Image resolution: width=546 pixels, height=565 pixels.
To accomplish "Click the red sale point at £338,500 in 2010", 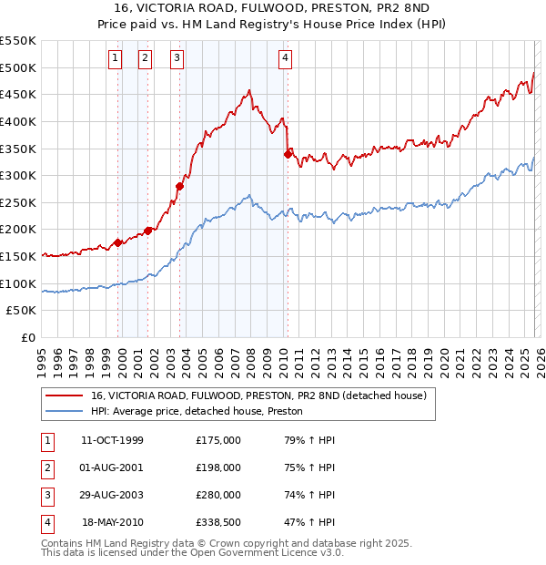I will click(288, 154).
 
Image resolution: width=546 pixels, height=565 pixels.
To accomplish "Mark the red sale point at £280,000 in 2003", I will click(179, 186).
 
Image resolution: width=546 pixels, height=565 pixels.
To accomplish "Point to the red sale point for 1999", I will click(117, 242).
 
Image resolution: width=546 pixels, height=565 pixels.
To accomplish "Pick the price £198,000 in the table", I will click(218, 467).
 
